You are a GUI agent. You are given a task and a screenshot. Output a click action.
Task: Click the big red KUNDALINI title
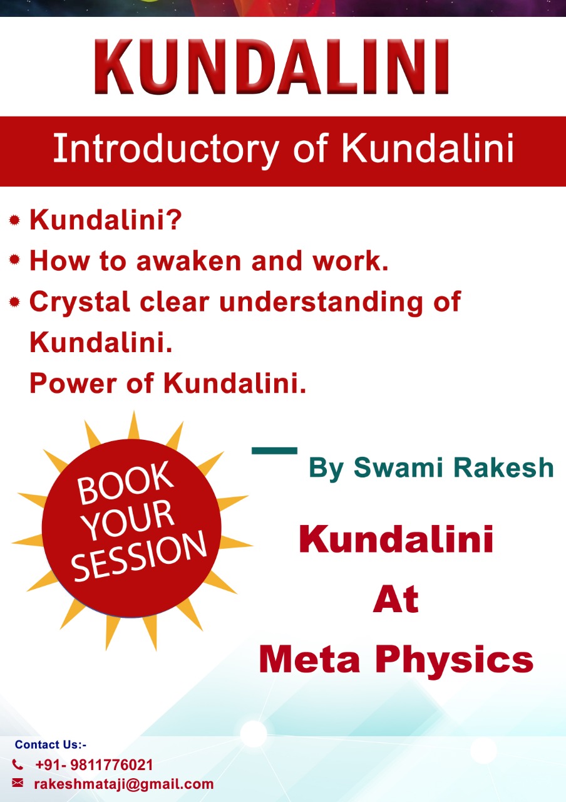tap(272, 66)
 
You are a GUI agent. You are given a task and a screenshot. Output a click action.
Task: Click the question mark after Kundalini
tap(174, 219)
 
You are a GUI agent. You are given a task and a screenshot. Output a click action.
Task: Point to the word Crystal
tap(80, 303)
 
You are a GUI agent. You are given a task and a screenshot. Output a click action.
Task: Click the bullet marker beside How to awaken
tap(14, 259)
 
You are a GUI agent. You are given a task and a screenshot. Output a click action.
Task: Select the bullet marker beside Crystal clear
tap(14, 302)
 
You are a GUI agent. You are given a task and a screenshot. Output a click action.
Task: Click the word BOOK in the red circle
tap(125, 482)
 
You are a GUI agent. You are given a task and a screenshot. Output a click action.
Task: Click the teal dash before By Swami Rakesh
tap(274, 450)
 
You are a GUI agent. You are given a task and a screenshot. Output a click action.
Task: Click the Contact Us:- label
tap(51, 744)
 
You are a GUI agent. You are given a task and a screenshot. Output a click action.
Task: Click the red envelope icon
tap(18, 783)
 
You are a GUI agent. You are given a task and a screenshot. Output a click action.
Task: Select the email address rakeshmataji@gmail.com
tap(124, 784)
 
